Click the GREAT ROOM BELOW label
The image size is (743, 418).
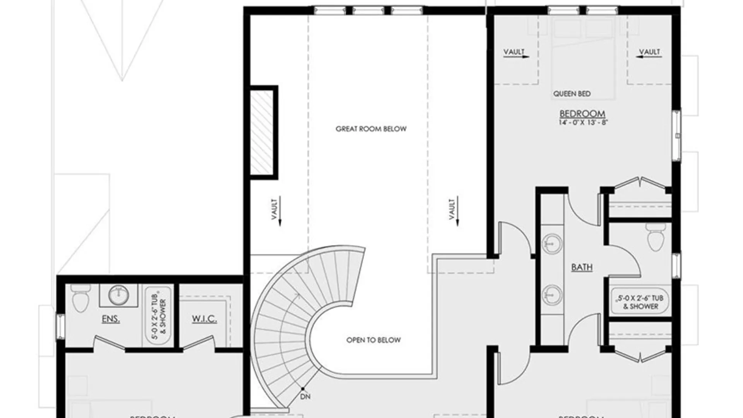pos(371,129)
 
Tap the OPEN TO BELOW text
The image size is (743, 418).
pos(373,340)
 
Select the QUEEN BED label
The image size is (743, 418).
pos(572,94)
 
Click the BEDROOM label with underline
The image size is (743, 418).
pos(582,114)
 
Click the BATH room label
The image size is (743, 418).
pos(582,267)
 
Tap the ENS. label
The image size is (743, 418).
pos(111,320)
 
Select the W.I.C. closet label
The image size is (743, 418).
pos(204,319)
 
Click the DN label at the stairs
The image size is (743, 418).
pos(305,396)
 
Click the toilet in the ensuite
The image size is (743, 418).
pos(81,298)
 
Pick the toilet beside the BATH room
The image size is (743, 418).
pos(656,237)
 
